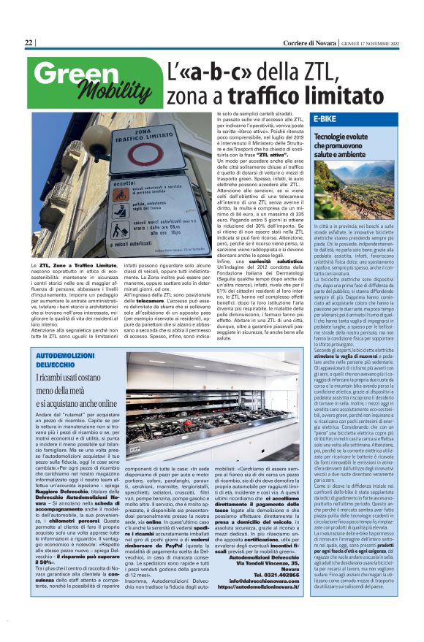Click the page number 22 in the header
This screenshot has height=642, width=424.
point(29,43)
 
